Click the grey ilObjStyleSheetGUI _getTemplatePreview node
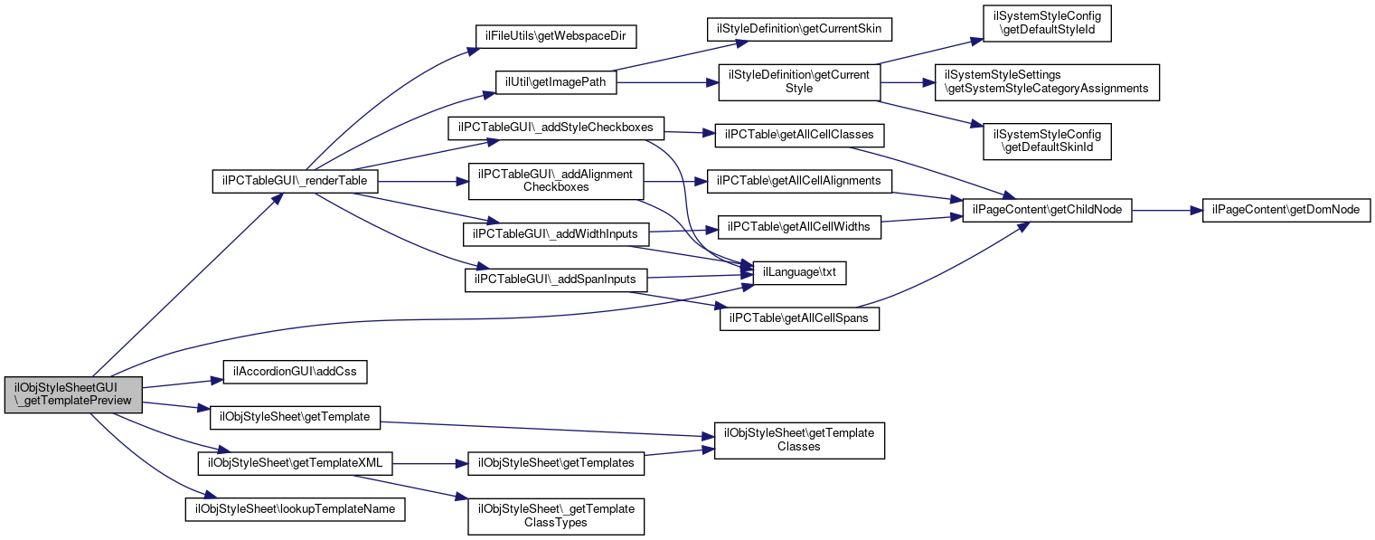coord(73,394)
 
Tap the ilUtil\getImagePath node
coord(556,82)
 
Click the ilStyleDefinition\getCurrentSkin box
coord(800,29)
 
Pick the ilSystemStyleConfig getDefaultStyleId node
coord(1047,24)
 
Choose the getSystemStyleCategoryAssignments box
coord(1046,82)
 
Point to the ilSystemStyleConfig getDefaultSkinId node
coord(1047,140)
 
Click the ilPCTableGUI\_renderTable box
coord(294,181)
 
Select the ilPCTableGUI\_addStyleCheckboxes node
coord(556,128)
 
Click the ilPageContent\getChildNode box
coord(1047,210)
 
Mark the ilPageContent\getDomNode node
coord(1286,210)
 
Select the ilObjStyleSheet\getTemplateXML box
coord(295,462)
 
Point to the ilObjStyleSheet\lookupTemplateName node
coord(295,509)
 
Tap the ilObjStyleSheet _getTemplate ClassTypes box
coord(556,516)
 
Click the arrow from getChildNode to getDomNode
coord(1165,210)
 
